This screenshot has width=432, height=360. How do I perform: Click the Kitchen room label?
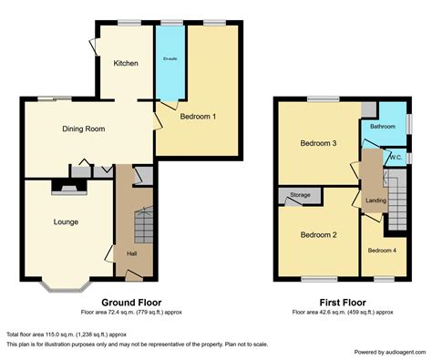(125, 63)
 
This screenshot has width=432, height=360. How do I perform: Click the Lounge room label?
(66, 221)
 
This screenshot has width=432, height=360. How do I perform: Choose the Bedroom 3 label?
(320, 143)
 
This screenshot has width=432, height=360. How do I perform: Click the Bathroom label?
(383, 127)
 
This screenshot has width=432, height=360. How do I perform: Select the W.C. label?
(396, 158)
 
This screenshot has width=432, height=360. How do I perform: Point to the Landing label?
(375, 201)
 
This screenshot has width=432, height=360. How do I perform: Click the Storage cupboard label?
(300, 195)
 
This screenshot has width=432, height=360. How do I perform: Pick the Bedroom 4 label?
(381, 249)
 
